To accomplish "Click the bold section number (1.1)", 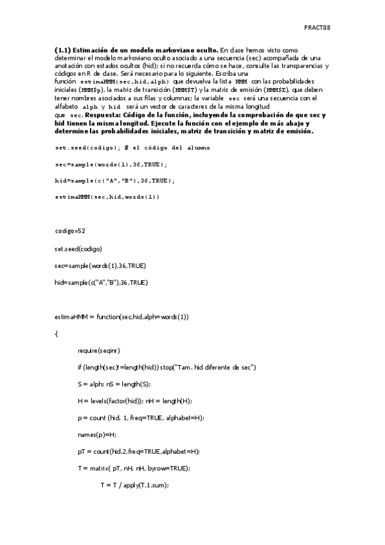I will coord(62,49).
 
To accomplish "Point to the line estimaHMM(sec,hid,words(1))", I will coord(107,196).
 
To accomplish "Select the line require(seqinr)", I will coord(98,350).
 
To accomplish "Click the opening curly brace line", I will coord(57,334).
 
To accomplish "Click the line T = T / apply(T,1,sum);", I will coord(134,485).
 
